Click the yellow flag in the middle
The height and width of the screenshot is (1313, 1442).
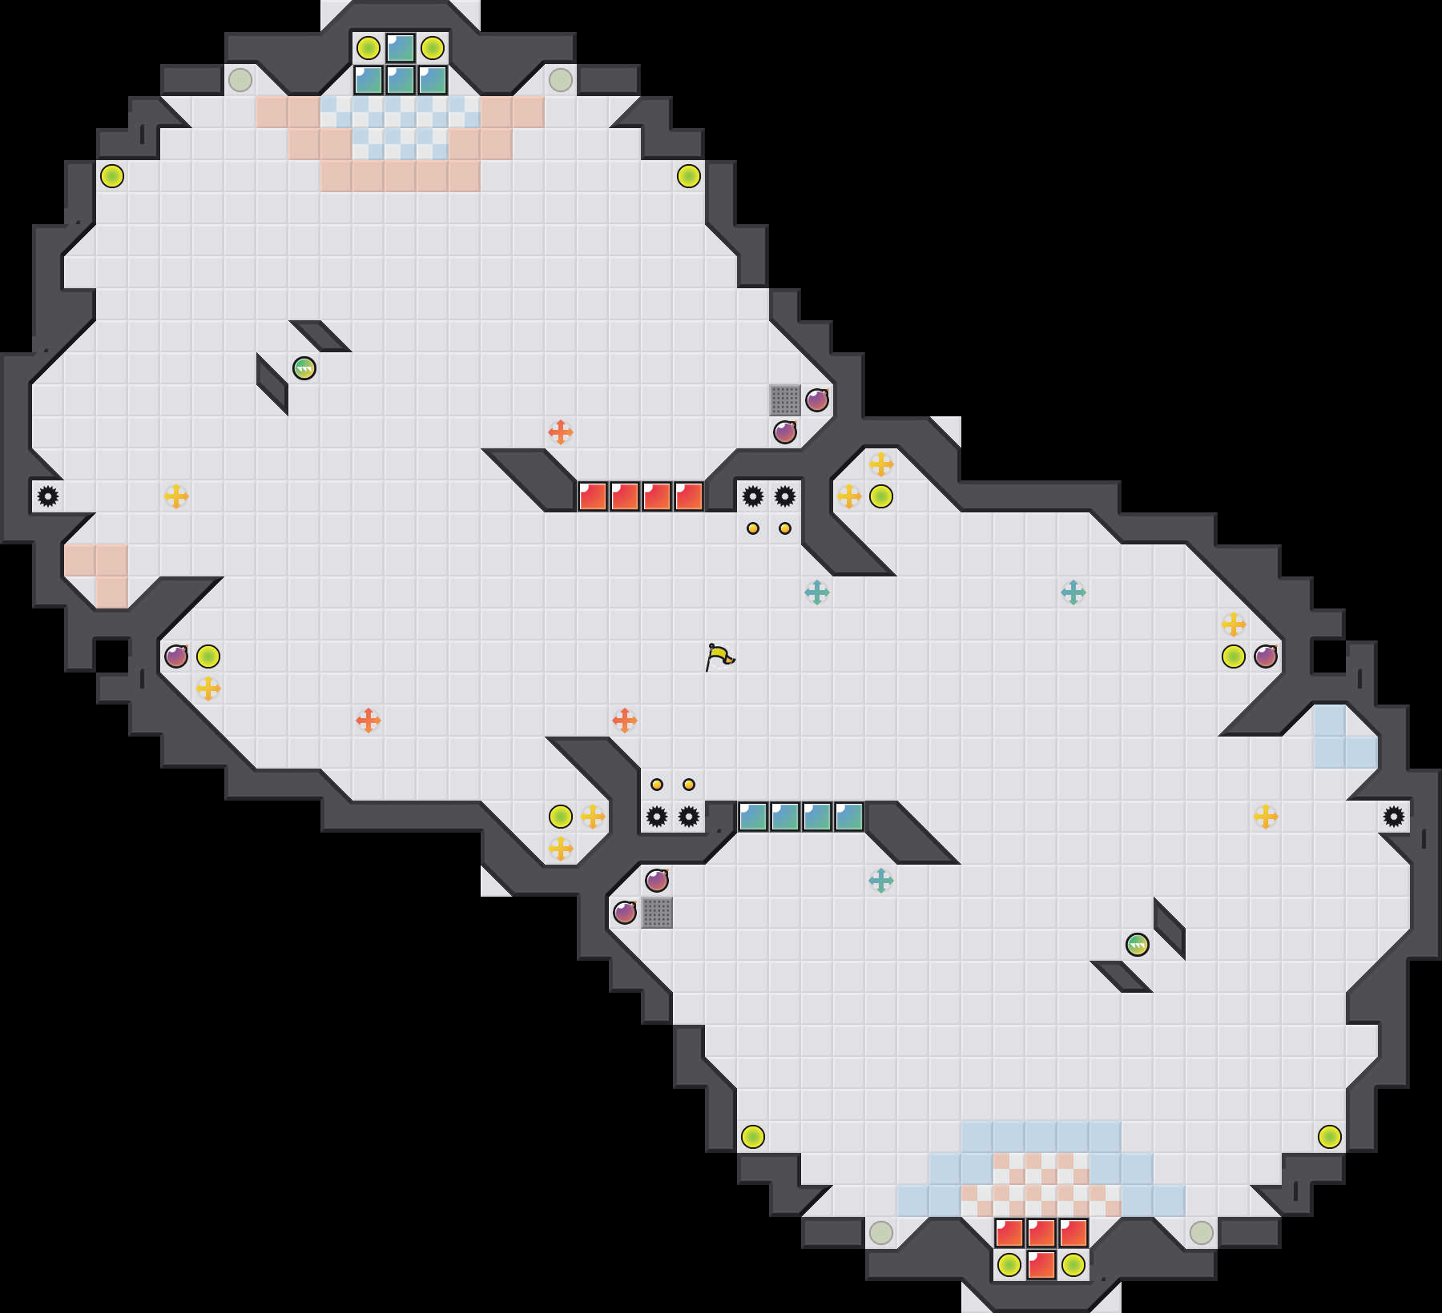(719, 656)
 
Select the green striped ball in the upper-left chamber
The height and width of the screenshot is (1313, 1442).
(304, 368)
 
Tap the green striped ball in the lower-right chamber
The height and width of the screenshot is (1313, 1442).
(1138, 945)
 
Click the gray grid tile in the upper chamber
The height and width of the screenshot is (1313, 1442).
(785, 400)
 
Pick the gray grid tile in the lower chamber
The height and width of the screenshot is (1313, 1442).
(657, 913)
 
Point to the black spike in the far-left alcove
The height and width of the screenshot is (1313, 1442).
(48, 496)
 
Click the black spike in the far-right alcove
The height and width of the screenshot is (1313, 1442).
(1394, 817)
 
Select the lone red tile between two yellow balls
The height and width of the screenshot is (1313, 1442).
(1041, 1265)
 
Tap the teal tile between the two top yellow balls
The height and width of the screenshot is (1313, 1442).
(401, 48)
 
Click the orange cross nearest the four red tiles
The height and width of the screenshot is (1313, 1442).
(561, 432)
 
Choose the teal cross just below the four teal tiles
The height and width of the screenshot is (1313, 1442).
(881, 881)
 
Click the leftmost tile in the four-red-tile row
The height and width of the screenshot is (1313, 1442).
(593, 496)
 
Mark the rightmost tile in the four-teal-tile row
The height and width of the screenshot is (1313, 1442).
(849, 817)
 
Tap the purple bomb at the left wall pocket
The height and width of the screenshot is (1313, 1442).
(176, 656)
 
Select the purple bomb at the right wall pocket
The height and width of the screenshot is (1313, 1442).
(1266, 656)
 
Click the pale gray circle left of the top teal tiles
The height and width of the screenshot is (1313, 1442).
(240, 80)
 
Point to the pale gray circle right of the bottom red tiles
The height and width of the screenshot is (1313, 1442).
(1202, 1233)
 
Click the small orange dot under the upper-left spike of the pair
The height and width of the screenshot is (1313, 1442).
(753, 528)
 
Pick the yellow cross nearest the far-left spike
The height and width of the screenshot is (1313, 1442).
(176, 496)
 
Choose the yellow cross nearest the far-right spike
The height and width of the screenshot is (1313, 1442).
(1266, 817)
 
